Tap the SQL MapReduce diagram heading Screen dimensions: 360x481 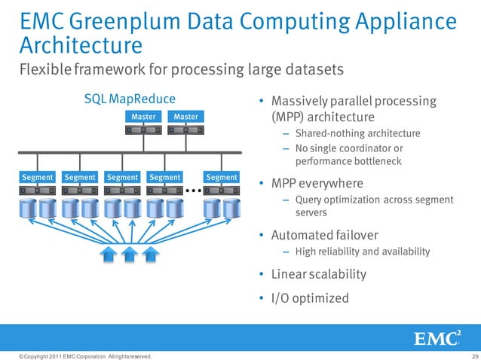pos(130,99)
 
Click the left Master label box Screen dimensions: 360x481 pos(143,117)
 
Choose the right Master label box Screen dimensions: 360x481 pos(185,117)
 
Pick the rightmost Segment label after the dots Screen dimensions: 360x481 pos(222,178)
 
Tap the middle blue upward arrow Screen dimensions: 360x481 pos(130,255)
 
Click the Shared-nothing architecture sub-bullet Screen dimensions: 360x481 pos(357,133)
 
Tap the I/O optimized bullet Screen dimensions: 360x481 pos(309,298)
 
